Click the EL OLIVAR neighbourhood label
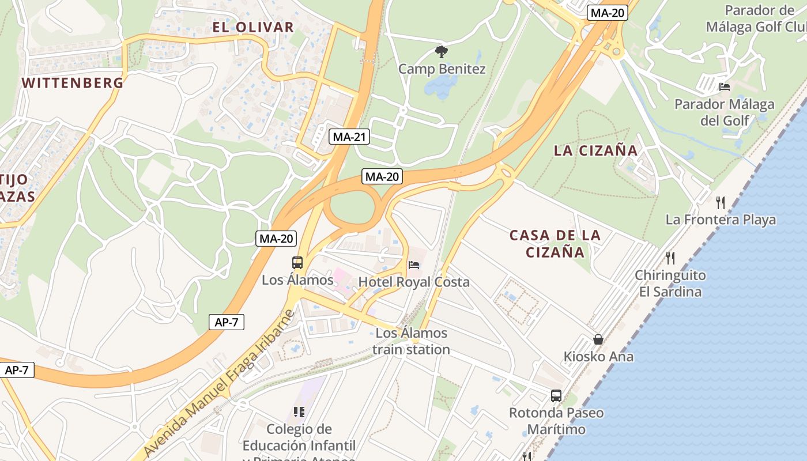pos(253,27)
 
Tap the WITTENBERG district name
pos(73,82)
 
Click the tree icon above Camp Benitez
pos(442,52)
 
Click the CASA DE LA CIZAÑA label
pos(555,243)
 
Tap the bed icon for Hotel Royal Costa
pos(414,265)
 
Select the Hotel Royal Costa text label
pos(414,282)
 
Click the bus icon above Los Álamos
pos(297,263)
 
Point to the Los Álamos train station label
pos(411,341)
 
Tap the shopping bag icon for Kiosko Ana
pos(598,339)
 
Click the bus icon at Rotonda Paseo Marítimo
pos(556,396)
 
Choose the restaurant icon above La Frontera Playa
pos(720,202)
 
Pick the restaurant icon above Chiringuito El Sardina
pos(670,257)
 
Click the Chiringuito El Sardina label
pos(670,283)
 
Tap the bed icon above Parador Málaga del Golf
pos(725,87)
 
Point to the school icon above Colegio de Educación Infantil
pos(299,411)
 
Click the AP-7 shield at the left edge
pos(17,370)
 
